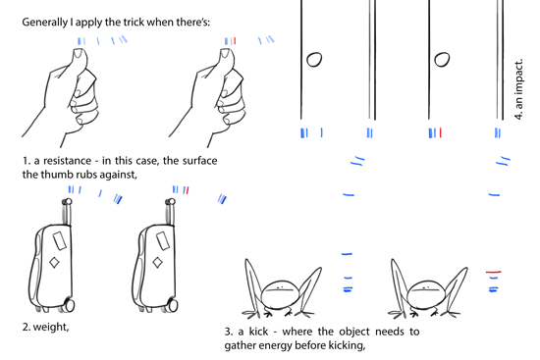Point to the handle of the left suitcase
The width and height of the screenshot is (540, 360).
[x=69, y=208]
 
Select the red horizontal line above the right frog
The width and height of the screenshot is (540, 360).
[x=493, y=270]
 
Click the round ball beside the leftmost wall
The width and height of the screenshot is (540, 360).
[x=314, y=60]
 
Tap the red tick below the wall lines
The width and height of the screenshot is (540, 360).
[x=442, y=132]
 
